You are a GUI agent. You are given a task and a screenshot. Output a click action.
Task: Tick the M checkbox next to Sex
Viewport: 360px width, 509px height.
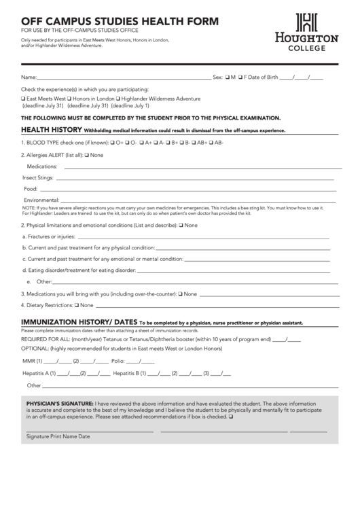click(228, 77)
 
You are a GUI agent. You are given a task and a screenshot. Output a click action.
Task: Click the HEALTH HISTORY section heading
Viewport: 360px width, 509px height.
click(52, 129)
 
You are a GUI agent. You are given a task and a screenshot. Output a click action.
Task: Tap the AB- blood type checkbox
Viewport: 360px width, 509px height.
click(211, 143)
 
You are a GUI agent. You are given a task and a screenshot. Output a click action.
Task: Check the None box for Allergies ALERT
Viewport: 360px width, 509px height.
click(86, 155)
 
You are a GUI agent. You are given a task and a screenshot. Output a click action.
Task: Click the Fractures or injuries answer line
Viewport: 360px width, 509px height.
click(204, 237)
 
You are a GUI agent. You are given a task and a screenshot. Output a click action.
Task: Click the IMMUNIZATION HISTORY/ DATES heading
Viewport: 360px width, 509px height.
click(80, 321)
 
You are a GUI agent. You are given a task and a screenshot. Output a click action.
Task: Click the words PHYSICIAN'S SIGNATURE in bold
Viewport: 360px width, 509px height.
click(60, 403)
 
